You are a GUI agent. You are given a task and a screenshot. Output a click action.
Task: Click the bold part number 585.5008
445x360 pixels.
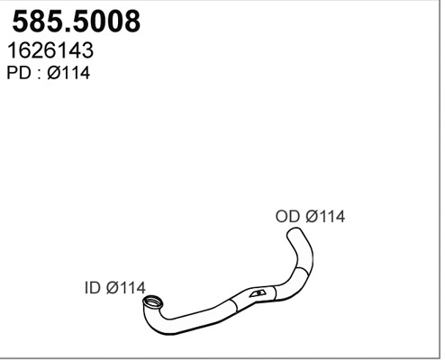(77, 22)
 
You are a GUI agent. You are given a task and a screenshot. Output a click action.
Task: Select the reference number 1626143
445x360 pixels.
(50, 50)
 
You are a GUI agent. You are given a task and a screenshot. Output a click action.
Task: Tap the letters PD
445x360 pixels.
(19, 73)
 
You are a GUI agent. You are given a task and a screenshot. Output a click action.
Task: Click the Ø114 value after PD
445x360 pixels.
(68, 73)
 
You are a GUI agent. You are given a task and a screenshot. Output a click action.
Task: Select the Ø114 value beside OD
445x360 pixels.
(325, 216)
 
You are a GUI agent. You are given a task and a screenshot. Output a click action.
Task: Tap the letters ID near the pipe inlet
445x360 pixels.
(92, 288)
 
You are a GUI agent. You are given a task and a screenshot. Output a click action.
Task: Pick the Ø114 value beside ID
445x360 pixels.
(126, 288)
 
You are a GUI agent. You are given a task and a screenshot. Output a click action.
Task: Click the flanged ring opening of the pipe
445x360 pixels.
(152, 302)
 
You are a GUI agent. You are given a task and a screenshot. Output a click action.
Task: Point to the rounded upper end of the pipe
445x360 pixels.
(294, 231)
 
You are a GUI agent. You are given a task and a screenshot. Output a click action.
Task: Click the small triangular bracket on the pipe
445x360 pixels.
(258, 293)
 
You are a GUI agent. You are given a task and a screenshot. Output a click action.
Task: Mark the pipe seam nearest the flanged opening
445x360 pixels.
(235, 306)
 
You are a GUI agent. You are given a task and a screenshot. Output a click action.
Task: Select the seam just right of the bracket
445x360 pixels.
(275, 292)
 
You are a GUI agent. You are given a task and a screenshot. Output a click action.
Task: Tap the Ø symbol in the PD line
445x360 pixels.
(54, 73)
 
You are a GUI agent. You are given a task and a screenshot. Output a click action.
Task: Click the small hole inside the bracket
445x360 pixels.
(259, 293)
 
